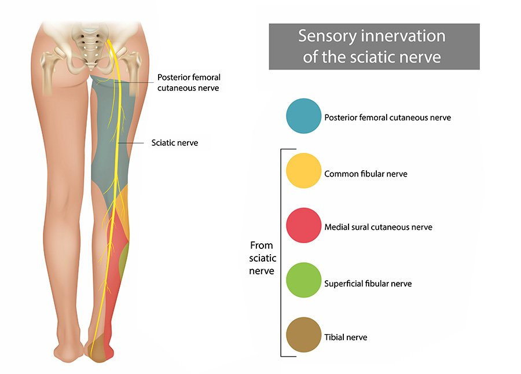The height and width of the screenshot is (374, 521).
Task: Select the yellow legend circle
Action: (x=303, y=171)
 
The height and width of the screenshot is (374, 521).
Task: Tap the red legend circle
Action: (x=303, y=225)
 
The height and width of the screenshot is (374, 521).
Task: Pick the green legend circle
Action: (x=303, y=280)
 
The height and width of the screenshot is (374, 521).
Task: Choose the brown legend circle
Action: (x=303, y=335)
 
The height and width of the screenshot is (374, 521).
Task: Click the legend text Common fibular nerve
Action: (x=366, y=174)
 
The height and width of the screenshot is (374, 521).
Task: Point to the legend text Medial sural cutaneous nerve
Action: (x=378, y=227)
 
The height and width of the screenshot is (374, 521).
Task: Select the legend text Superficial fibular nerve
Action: (x=368, y=284)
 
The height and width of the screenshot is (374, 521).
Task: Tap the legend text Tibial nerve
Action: (x=346, y=337)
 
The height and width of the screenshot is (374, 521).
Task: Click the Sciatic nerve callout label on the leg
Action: (x=174, y=142)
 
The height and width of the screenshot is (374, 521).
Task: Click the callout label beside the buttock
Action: (x=189, y=83)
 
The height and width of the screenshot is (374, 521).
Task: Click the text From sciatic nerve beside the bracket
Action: (x=262, y=258)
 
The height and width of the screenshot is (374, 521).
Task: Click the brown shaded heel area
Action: (x=100, y=347)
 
